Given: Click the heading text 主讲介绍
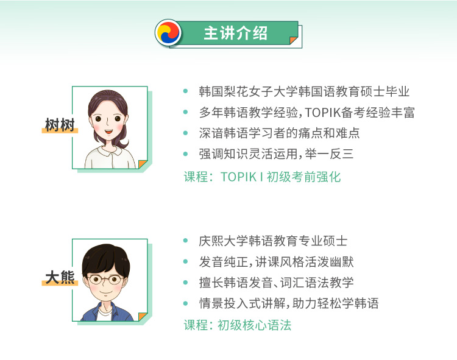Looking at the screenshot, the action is [235, 33].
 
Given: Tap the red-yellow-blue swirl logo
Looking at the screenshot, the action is [168, 33].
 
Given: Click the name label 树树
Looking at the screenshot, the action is [60, 125].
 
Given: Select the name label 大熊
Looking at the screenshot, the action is [60, 277].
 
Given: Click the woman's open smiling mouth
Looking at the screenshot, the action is [108, 132].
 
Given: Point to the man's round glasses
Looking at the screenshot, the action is [105, 280].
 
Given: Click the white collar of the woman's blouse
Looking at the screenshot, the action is [109, 150].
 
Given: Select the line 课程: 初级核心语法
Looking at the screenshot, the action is [237, 325].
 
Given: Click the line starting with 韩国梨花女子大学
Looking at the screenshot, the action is [304, 91].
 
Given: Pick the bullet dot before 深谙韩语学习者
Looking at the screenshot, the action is [185, 133].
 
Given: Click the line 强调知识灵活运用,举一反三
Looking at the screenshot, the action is [276, 154].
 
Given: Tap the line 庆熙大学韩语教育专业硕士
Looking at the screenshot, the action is [273, 241].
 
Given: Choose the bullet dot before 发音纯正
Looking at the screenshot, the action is [185, 261].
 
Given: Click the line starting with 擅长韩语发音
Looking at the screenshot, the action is [276, 283].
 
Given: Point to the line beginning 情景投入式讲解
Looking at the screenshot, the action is [289, 303].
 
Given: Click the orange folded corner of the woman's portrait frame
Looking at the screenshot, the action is [142, 164].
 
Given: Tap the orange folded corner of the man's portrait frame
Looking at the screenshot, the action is [142, 316].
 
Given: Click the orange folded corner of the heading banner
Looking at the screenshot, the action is [293, 40].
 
